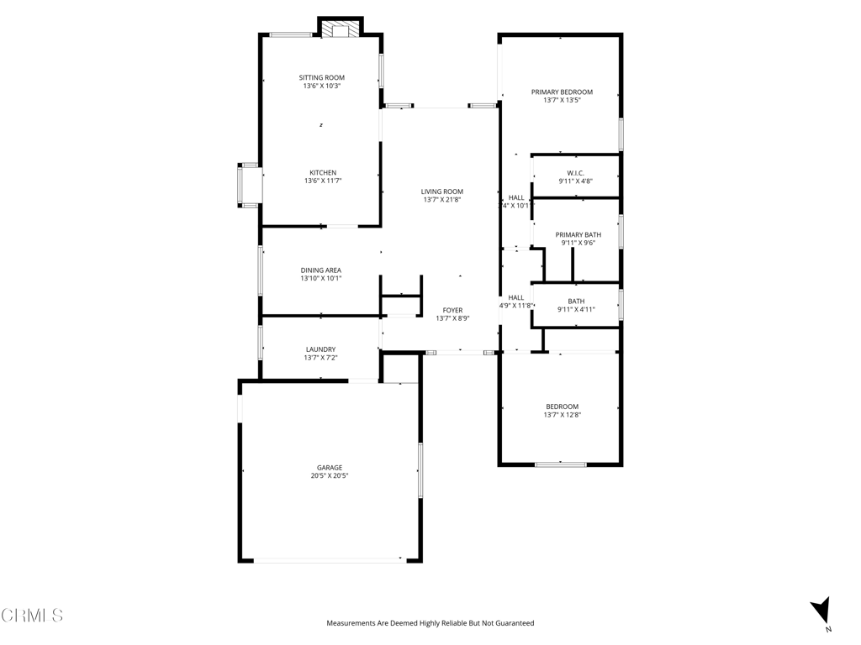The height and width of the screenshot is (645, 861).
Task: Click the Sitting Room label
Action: point(322,78)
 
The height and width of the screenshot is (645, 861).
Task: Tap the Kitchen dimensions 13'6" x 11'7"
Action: point(323,181)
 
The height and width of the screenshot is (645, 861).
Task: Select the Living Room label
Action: point(442,191)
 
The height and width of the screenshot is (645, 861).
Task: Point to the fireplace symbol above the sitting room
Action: point(341,29)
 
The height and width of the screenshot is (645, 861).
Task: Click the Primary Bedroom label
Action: point(562,92)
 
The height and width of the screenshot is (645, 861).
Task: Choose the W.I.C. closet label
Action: point(575,173)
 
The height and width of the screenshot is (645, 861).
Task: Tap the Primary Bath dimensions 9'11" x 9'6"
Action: point(578,243)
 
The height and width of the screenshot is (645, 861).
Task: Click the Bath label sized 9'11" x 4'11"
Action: point(576,302)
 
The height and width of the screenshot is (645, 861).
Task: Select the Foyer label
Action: point(452,311)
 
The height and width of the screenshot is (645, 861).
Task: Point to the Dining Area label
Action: point(320,270)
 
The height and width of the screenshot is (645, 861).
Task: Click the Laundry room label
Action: point(320,349)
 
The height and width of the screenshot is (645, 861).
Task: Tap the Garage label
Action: point(330,468)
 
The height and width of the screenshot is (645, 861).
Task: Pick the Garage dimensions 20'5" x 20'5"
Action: point(330,476)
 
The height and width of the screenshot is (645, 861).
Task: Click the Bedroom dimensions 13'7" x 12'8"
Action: point(563,415)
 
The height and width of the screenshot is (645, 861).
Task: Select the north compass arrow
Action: point(821,611)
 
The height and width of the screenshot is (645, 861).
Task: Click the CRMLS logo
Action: point(32,616)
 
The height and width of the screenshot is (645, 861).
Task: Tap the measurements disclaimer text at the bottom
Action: point(430,623)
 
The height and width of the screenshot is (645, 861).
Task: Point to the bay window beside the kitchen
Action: point(248,186)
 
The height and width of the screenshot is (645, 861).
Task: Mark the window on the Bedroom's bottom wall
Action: point(561,465)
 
